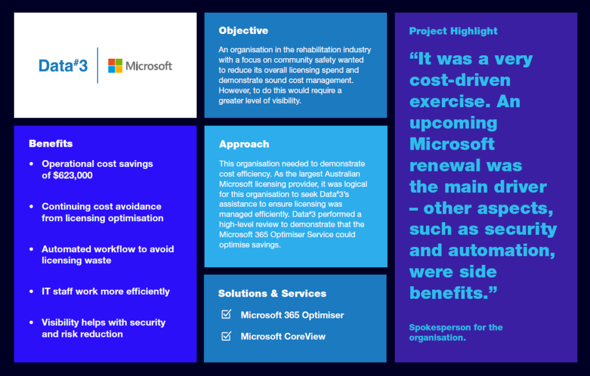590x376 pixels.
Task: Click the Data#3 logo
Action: point(63,66)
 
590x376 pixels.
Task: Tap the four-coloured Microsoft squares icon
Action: point(115,66)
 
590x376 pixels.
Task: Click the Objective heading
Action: point(244,31)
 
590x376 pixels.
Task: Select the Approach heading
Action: point(244,144)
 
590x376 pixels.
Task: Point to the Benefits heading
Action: point(51,143)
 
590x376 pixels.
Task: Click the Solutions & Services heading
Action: point(272,293)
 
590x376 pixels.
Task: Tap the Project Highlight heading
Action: point(453,31)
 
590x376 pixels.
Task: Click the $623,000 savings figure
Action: point(73,175)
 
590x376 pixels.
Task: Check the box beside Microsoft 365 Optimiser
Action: point(226,314)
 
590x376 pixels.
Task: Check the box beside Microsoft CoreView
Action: point(226,336)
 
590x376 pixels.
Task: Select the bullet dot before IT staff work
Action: point(31,291)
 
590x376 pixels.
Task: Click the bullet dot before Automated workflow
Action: point(31,249)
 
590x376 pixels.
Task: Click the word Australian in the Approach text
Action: point(342,174)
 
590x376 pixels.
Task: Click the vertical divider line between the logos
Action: point(97,66)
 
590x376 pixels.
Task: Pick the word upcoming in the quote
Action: point(453,124)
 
